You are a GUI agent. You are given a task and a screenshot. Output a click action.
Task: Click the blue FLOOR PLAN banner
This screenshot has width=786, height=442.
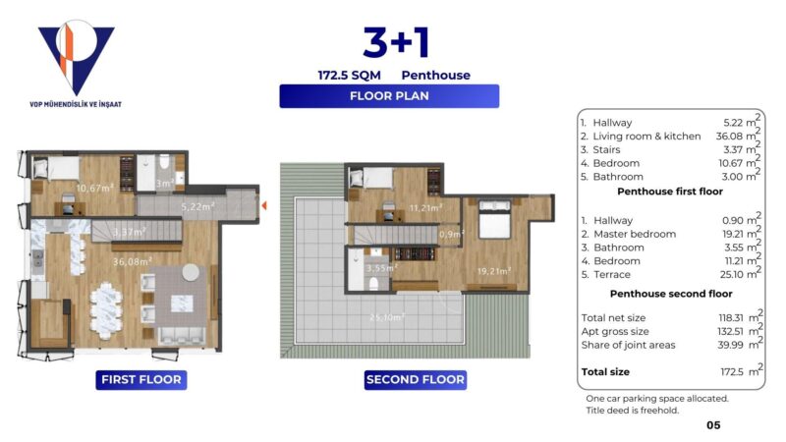pyautogui.click(x=389, y=96)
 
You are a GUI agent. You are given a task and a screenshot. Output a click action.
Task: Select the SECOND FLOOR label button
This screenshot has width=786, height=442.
pyautogui.click(x=415, y=379)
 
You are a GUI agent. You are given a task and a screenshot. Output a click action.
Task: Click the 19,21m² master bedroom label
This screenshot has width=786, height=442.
pyautogui.click(x=494, y=268)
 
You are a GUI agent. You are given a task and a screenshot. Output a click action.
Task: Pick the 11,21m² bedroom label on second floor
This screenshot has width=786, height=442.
pyautogui.click(x=423, y=208)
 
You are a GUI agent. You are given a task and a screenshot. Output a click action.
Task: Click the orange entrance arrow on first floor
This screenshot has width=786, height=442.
pyautogui.click(x=263, y=204)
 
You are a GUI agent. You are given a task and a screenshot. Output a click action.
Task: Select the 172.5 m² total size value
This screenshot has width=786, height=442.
pyautogui.click(x=739, y=372)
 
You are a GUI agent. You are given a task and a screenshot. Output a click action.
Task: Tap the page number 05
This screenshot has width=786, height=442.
pyautogui.click(x=713, y=425)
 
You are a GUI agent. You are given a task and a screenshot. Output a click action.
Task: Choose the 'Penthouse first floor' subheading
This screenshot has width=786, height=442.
pyautogui.click(x=666, y=192)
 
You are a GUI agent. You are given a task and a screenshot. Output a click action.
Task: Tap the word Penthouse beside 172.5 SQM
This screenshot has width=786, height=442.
pyautogui.click(x=435, y=75)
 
